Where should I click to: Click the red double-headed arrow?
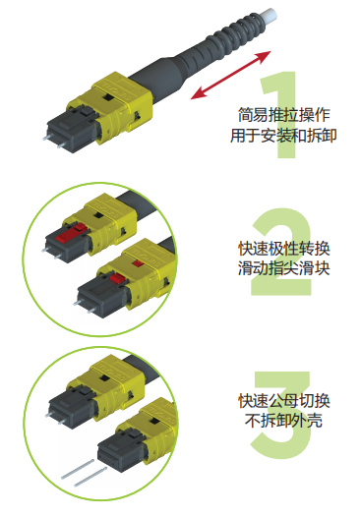[231, 75]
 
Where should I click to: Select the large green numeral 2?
[281, 252]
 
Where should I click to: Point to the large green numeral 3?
[281, 415]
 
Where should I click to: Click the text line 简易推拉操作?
[284, 115]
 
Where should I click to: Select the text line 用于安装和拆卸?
[283, 136]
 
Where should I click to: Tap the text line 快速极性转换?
[284, 249]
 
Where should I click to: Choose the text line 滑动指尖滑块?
[284, 268]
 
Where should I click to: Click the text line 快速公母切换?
[284, 401]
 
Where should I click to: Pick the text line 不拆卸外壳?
[283, 421]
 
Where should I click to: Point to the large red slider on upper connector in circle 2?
[70, 235]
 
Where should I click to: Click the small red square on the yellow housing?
[138, 263]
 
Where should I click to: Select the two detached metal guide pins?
[84, 473]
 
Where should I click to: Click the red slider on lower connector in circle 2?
[117, 279]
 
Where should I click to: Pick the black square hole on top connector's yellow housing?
[107, 97]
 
